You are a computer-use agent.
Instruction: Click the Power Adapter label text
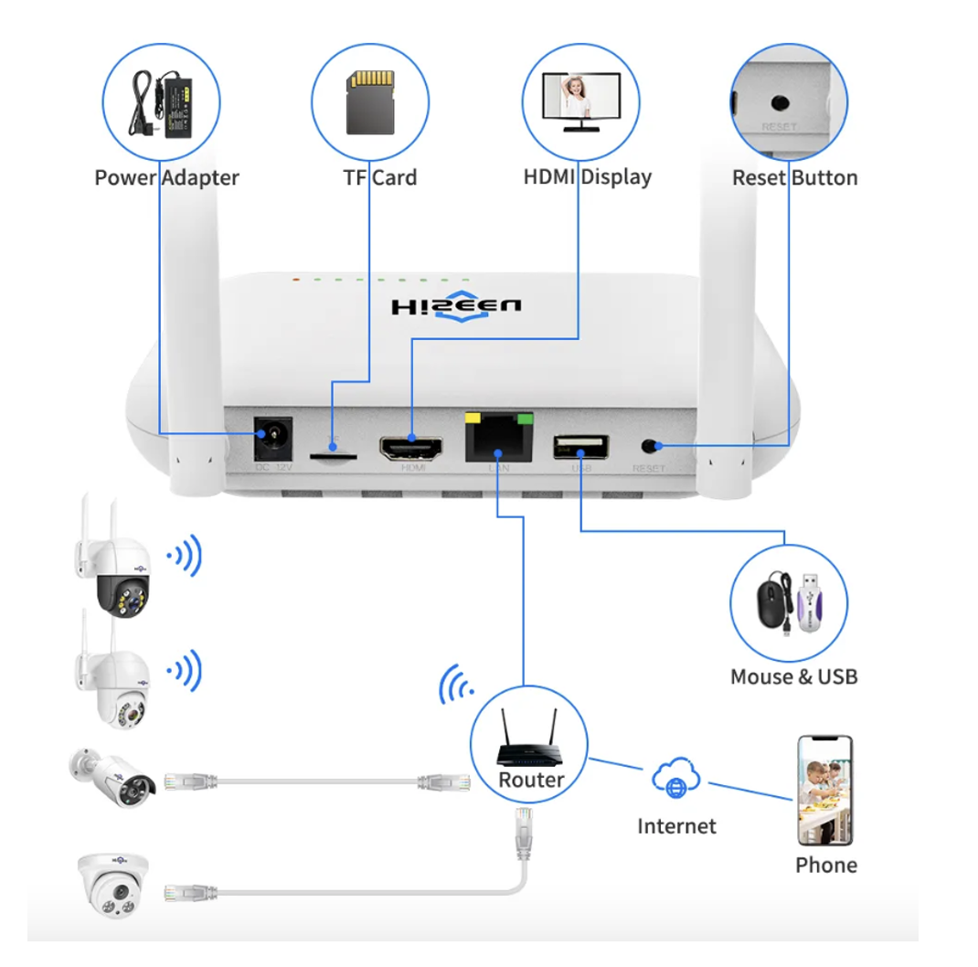(166, 177)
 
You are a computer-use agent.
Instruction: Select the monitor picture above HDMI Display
(580, 101)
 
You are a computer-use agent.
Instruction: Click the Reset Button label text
(794, 177)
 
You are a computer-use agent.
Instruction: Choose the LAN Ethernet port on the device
(498, 439)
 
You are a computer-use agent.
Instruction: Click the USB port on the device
(580, 447)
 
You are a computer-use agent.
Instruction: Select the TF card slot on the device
(333, 452)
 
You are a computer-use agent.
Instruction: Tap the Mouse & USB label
(793, 677)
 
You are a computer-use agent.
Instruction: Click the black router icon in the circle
(528, 746)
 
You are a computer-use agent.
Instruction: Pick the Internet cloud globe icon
(675, 780)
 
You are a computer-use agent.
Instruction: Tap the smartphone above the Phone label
(824, 791)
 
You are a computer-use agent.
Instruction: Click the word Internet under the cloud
(676, 826)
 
